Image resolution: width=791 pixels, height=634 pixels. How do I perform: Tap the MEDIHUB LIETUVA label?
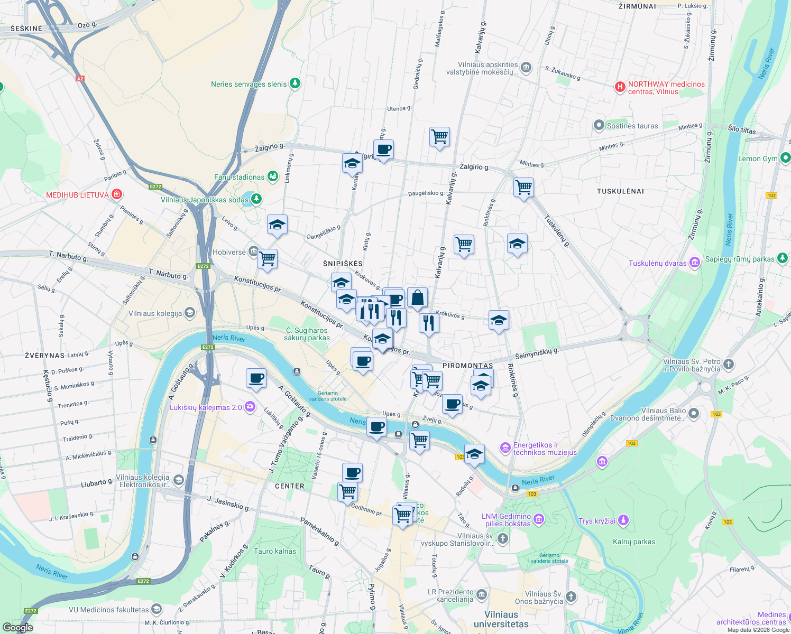[x=77, y=195]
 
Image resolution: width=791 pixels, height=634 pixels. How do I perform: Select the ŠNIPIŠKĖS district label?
[x=343, y=264]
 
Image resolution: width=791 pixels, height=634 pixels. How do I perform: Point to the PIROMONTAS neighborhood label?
[x=467, y=366]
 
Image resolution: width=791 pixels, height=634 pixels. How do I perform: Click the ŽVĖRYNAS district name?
[x=44, y=356]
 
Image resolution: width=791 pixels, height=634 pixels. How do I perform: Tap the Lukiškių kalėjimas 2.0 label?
[x=206, y=407]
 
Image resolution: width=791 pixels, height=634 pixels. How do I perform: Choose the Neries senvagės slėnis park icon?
[x=295, y=83]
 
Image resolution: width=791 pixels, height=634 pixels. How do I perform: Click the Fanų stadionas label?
[x=239, y=177]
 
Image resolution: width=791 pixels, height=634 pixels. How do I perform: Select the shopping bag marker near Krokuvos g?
[x=417, y=298]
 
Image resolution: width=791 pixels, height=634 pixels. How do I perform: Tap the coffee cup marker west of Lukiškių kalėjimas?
[x=256, y=379]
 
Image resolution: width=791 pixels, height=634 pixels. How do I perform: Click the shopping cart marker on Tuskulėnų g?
[x=523, y=187]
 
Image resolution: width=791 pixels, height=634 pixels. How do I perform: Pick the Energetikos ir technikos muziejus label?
[x=545, y=449]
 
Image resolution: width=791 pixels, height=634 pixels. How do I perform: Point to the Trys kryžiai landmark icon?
[x=623, y=520]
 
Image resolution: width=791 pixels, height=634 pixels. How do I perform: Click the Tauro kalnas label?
[x=275, y=551]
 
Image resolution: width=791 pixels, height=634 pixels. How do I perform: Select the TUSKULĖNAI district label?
[x=620, y=191]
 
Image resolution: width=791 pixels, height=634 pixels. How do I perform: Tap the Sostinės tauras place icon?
[x=599, y=125]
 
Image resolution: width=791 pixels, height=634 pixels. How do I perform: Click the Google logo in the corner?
[x=18, y=627]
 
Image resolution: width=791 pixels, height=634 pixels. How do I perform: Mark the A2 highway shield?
[x=80, y=79]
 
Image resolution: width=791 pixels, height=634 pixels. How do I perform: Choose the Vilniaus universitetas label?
[x=501, y=619]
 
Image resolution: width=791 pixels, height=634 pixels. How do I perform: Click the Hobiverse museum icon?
[x=253, y=251]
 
